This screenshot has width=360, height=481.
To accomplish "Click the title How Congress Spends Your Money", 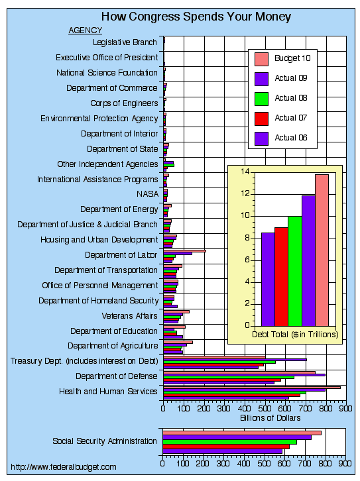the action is point(196,17).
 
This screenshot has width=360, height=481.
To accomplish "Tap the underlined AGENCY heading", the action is point(85,30).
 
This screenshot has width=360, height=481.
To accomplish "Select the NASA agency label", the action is point(148,194).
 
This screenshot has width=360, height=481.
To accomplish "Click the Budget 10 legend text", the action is point(292,58).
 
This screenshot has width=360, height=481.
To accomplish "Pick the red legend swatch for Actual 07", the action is point(261,119).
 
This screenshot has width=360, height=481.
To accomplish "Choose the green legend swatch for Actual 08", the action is point(261,99).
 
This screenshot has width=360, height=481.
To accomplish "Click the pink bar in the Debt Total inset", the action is point(322,250).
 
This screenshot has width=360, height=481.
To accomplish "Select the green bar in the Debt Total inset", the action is point(295,271).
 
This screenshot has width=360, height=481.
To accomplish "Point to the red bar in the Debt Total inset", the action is point(281,276).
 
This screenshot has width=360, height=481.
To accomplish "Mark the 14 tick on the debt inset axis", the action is point(245,172).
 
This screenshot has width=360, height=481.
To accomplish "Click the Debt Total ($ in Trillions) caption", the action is point(295,335).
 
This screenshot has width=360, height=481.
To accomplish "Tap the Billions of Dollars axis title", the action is point(270,418).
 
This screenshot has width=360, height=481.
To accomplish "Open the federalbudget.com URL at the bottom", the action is point(64,467).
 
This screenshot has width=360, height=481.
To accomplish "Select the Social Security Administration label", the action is point(105,441).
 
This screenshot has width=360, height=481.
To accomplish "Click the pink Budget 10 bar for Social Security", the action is point(242,433).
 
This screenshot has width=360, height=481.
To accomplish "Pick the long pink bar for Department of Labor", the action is point(184,251).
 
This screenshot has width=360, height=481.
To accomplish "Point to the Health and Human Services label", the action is point(108,392).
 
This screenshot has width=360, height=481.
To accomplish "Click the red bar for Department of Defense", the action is point(222,380).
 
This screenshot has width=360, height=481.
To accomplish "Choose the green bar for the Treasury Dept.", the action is point(219,362).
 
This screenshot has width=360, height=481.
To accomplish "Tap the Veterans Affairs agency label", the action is point(129,316).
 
